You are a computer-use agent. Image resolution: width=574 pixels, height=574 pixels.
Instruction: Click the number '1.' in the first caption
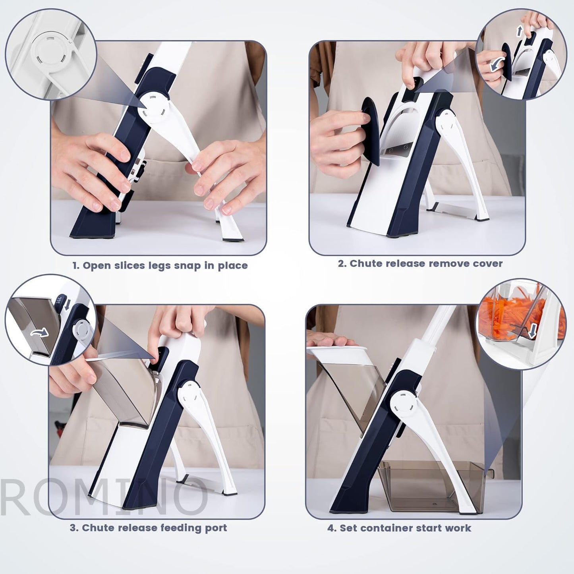coord(75,266)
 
